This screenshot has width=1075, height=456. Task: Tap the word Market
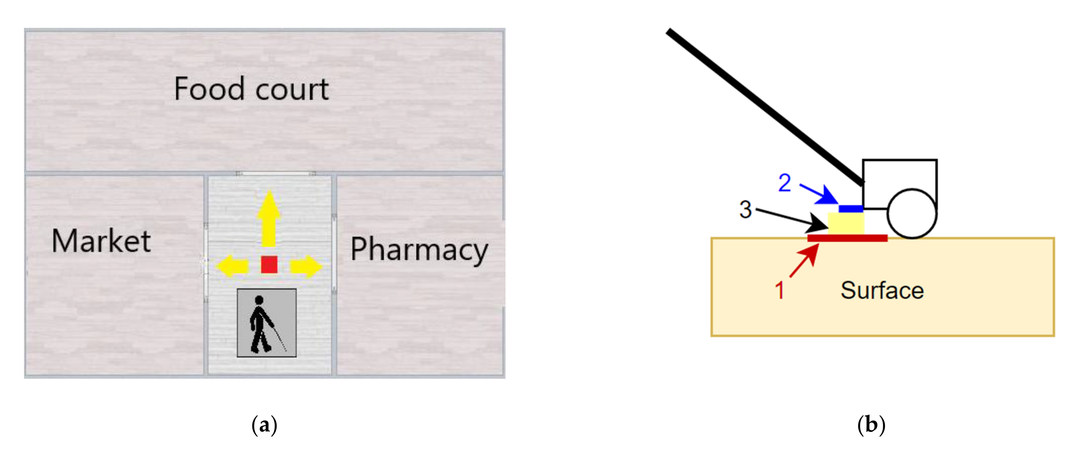pos(101,242)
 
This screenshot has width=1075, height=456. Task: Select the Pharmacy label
pos(419,250)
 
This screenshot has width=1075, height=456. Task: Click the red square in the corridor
pos(269,264)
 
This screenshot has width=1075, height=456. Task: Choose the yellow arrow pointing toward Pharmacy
pos(306,266)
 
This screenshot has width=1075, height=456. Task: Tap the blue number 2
pos(784,183)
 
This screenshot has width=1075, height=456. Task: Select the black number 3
pos(745,209)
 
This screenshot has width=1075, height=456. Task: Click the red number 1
pos(779,290)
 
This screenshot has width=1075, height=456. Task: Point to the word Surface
pos(882,290)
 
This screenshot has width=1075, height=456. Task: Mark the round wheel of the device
pos(912,213)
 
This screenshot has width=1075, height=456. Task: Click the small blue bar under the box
pos(851,208)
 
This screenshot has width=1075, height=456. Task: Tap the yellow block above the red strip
pos(846,223)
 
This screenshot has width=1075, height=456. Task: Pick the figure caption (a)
pos(264,425)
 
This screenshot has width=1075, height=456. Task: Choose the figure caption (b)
pos(871,425)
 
